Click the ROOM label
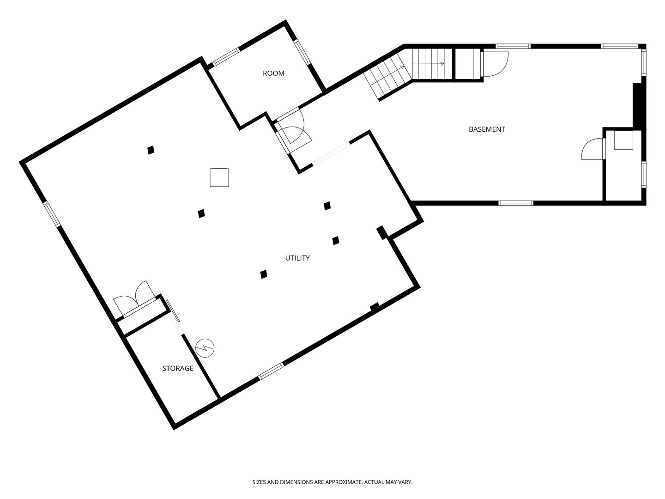point(273,73)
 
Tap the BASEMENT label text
point(487,129)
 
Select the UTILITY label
point(297,258)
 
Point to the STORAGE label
point(177,368)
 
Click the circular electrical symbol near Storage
point(205,348)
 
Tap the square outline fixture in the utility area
point(219,177)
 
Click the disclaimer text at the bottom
point(332,482)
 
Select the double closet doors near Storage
point(135,298)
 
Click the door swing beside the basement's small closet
point(592,149)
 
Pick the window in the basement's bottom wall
point(516,203)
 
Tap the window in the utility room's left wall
point(52,214)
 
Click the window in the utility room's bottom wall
point(271,371)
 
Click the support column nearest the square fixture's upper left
point(151,150)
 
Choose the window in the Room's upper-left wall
point(226,57)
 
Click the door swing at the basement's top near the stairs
point(495,64)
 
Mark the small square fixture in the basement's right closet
point(623,140)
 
